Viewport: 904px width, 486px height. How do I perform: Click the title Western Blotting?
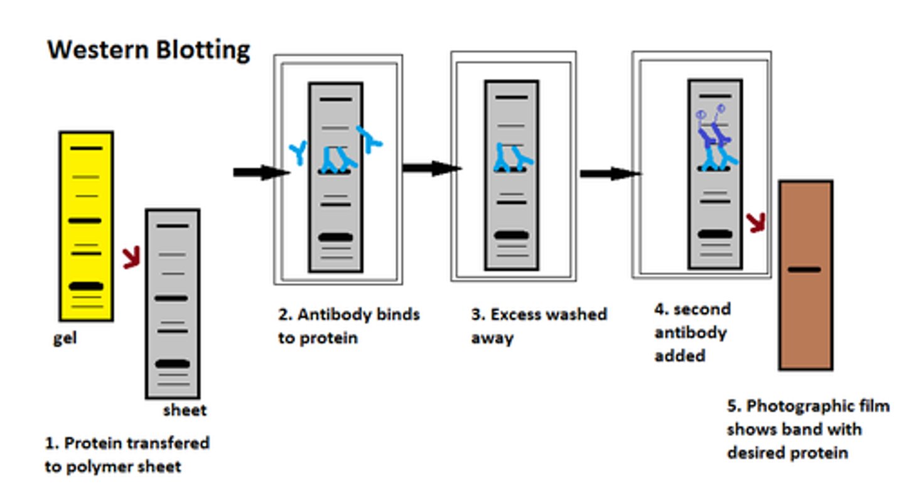pos(149,50)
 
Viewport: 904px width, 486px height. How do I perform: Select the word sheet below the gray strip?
pos(185,411)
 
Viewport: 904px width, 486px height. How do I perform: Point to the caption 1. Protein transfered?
pos(127,443)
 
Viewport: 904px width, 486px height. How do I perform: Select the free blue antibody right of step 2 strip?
pos(370,139)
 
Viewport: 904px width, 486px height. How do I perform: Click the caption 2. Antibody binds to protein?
pos(348,325)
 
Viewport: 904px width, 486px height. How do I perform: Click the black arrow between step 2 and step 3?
pos(431,168)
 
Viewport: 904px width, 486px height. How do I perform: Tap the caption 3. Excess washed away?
pos(539,325)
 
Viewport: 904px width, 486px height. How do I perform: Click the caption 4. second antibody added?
pos(692,332)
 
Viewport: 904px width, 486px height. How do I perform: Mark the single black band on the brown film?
pos(804,269)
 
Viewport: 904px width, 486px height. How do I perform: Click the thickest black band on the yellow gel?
pos(86,286)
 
